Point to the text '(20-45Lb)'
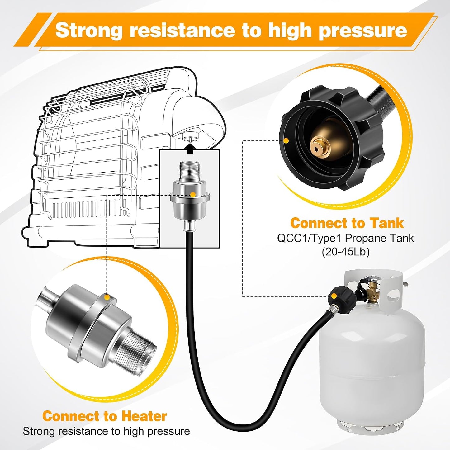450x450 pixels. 346,252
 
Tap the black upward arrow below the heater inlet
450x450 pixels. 191,149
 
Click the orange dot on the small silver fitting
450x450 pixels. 193,194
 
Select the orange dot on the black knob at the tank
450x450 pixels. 334,296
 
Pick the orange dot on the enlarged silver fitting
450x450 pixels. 107,297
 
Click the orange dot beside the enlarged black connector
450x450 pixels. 286,140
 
